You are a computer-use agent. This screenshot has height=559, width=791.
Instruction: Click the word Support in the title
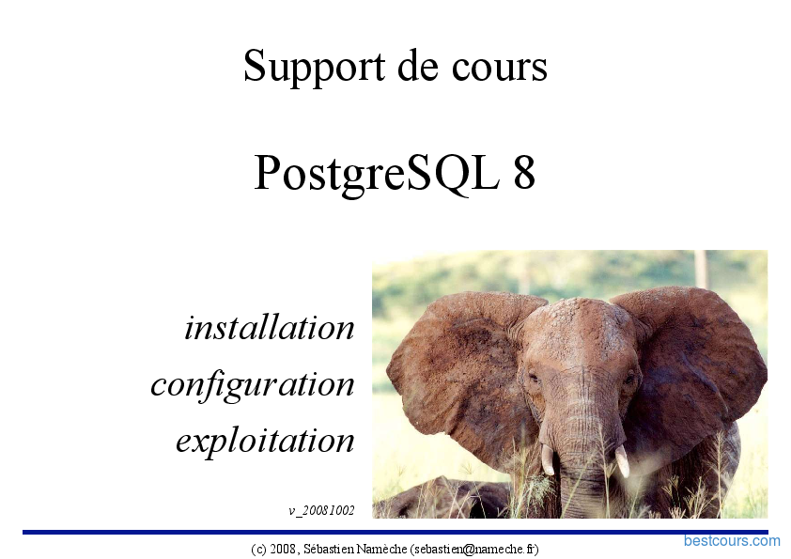[x=314, y=66]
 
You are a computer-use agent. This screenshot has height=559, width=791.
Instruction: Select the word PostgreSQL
[x=377, y=174]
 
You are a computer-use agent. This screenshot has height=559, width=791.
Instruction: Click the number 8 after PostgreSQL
[x=524, y=172]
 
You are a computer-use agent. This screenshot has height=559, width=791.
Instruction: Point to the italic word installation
[x=270, y=328]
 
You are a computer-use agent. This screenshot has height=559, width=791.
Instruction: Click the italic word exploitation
[x=265, y=442]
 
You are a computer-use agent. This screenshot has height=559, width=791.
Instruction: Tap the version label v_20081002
[x=321, y=510]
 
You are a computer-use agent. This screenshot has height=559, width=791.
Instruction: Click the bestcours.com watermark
[x=732, y=541]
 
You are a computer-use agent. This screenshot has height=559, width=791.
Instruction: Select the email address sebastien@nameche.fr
[x=474, y=549]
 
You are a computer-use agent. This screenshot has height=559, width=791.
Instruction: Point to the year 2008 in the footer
[x=282, y=549]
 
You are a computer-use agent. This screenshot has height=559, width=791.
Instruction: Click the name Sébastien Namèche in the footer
[x=355, y=549]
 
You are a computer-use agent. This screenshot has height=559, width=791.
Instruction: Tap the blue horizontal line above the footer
[x=395, y=533]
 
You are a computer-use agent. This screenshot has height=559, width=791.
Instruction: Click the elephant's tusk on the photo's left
[x=548, y=459]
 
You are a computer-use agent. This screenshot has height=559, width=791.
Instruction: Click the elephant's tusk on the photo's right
[x=623, y=460]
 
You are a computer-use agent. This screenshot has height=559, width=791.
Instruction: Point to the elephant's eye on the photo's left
[x=535, y=377]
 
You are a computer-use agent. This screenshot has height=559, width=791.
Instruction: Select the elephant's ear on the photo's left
[x=459, y=373]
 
